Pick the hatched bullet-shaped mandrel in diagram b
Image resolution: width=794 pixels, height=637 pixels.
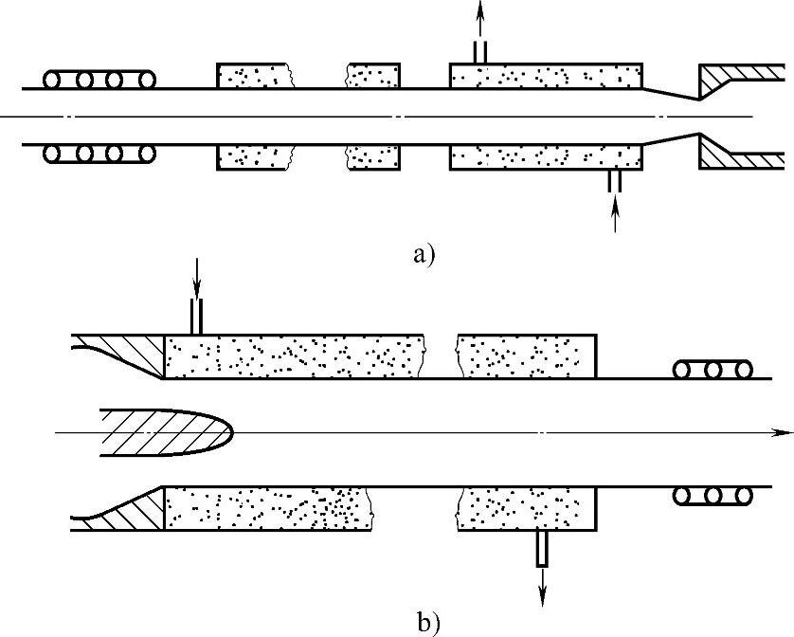[166, 429]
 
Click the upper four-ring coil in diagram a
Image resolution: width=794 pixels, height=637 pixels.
[99, 80]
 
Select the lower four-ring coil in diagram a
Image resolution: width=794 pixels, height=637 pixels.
[99, 153]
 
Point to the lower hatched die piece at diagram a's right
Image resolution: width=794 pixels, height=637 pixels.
[739, 155]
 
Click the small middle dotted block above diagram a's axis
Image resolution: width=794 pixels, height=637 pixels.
[373, 75]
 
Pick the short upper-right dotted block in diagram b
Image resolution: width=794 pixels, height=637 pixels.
[526, 355]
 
